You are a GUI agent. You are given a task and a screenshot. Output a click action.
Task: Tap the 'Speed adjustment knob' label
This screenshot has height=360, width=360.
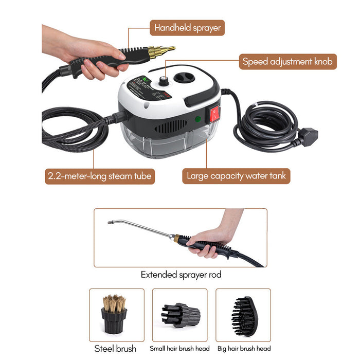pos(288,62)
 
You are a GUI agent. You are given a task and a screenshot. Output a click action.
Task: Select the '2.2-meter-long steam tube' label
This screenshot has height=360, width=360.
pos(99,176)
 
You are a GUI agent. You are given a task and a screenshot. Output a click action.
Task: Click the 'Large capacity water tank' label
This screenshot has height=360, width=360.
pos(236,176)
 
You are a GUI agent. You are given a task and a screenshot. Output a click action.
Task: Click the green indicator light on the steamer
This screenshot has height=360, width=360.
pos(197,119)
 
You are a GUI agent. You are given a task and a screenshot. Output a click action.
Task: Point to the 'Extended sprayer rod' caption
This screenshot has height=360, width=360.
pos(181,275)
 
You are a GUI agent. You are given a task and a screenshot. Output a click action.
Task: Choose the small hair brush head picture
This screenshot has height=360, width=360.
pos(180,314)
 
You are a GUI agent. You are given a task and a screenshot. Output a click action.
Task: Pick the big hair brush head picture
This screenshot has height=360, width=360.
pos(243,315)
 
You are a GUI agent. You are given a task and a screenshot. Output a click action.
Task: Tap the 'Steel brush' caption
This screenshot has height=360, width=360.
pos(115,349)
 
